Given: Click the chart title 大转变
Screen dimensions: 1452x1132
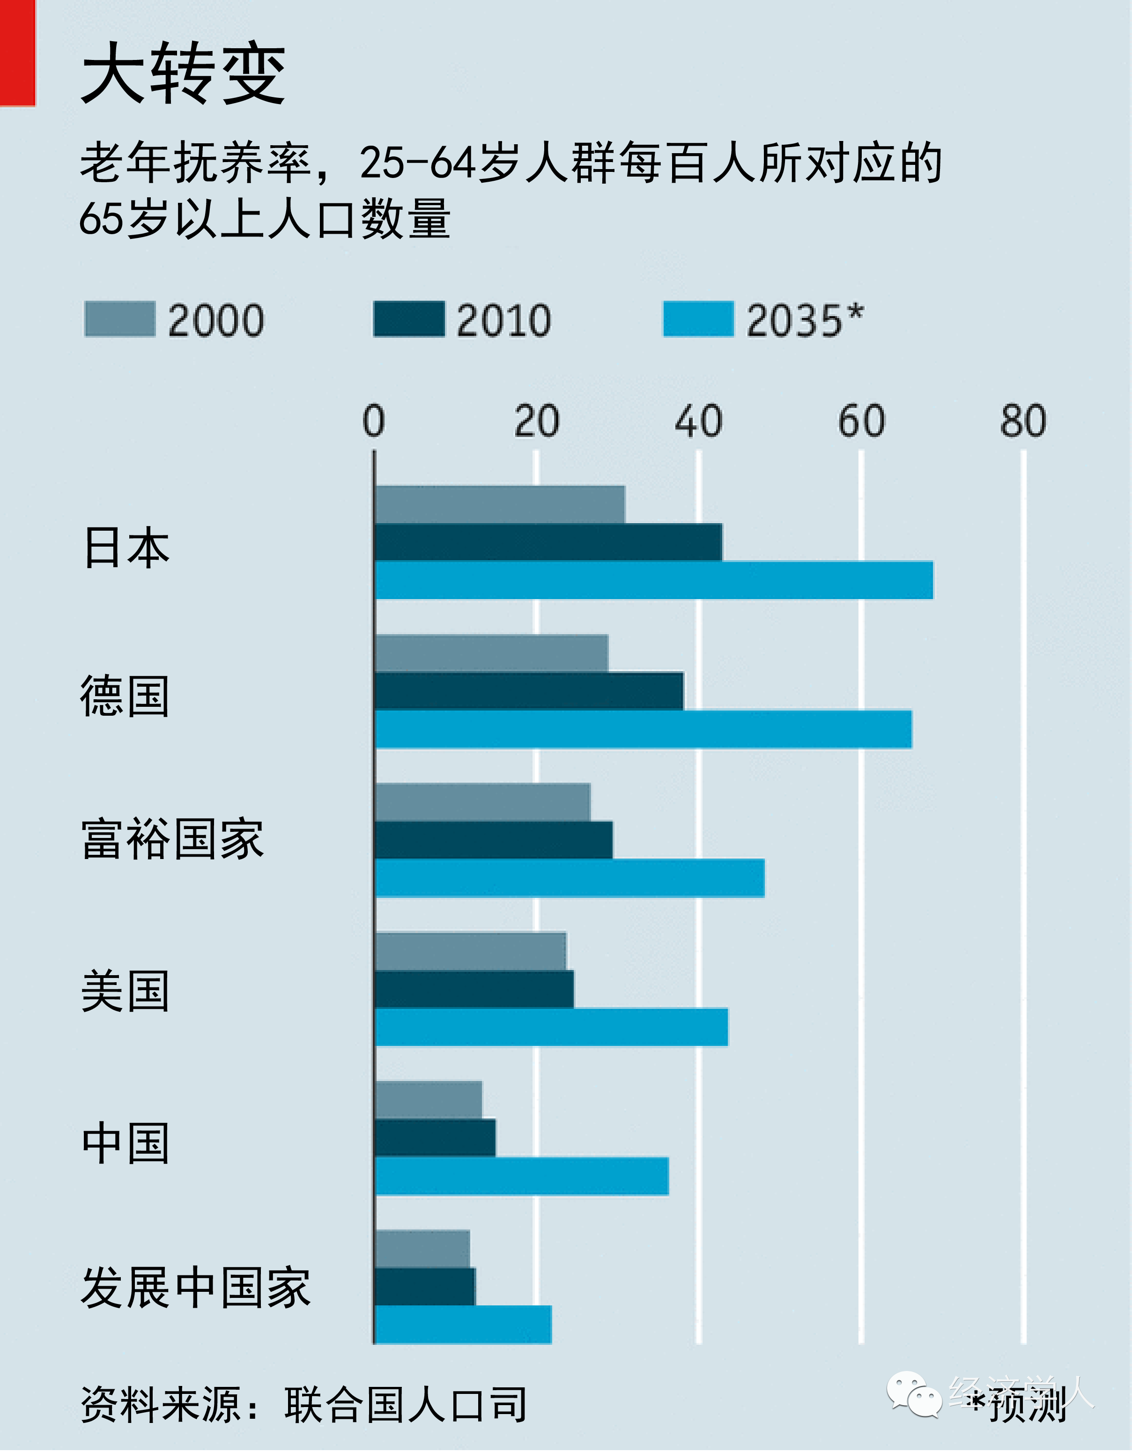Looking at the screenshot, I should (x=184, y=73).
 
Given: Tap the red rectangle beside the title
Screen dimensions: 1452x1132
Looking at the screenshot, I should (x=17, y=53).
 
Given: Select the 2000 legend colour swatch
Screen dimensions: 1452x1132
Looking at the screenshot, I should (x=119, y=319).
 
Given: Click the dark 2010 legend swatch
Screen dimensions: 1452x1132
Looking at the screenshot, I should (x=409, y=319).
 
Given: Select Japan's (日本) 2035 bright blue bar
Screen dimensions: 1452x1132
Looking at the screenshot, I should (x=653, y=580).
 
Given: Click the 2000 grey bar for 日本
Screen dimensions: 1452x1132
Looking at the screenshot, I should (x=499, y=504).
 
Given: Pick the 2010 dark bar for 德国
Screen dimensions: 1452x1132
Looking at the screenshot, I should (x=528, y=691).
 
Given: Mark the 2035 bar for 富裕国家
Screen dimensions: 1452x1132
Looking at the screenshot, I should (x=569, y=878).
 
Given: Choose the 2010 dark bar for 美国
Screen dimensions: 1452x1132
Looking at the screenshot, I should (x=474, y=989).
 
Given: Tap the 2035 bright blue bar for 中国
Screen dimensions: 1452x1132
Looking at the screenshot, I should (x=521, y=1176).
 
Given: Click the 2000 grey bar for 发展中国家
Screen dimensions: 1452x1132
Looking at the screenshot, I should (x=422, y=1249).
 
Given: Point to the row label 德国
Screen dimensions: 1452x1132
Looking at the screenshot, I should (x=125, y=696).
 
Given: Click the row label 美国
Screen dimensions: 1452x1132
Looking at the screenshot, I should (x=125, y=991).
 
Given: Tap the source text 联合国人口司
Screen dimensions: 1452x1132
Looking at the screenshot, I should (x=406, y=1404).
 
